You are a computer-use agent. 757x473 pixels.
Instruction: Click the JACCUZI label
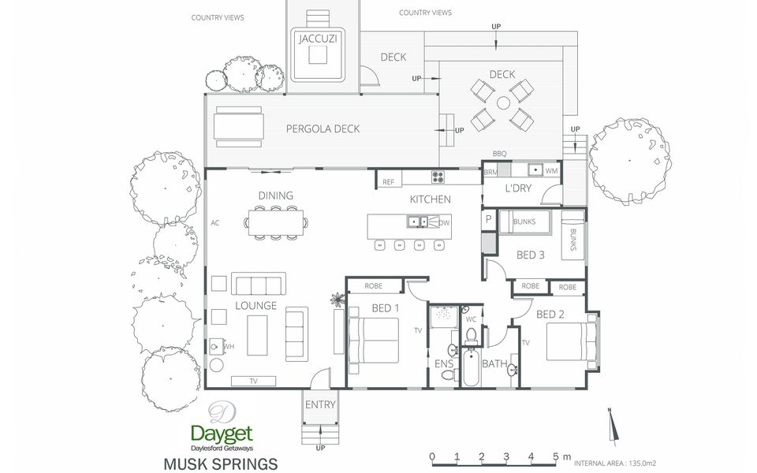pyautogui.click(x=317, y=39)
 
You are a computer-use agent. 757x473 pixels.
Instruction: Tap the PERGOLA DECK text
pyautogui.click(x=323, y=128)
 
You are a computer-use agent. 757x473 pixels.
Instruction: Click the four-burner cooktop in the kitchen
pyautogui.click(x=438, y=177)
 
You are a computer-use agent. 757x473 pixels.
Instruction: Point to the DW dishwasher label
pyautogui.click(x=444, y=222)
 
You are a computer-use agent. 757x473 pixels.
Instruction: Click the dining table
pyautogui.click(x=276, y=222)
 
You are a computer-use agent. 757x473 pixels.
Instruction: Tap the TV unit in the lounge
pyautogui.click(x=253, y=381)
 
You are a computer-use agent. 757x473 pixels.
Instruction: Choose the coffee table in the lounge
pyautogui.click(x=257, y=335)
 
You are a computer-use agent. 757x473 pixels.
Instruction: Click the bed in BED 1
pyautogui.click(x=373, y=340)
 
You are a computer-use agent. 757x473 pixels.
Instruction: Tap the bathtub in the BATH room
pyautogui.click(x=471, y=367)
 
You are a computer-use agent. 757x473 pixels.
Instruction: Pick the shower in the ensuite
pyautogui.click(x=444, y=316)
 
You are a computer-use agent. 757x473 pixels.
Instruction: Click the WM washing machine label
pyautogui.click(x=551, y=171)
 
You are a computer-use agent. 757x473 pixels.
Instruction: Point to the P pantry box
pyautogui.click(x=489, y=219)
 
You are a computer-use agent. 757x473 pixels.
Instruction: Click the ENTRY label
pyautogui.click(x=320, y=404)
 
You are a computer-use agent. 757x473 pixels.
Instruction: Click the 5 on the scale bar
pyautogui.click(x=556, y=456)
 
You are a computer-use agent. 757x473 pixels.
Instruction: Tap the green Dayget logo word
pyautogui.click(x=222, y=434)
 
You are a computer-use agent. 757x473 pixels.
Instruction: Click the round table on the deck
pyautogui.click(x=503, y=102)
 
